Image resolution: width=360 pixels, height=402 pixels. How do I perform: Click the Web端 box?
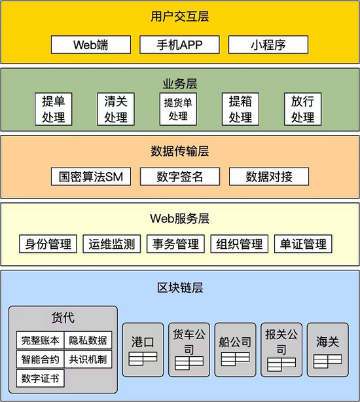pyautogui.click(x=91, y=45)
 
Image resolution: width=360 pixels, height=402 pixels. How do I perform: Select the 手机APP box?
pyautogui.click(x=179, y=45)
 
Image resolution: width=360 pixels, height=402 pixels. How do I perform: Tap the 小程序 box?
pyautogui.click(x=268, y=45)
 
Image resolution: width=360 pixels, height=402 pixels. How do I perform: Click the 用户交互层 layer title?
pyautogui.click(x=180, y=16)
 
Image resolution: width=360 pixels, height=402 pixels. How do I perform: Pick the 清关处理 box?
pyautogui.click(x=116, y=109)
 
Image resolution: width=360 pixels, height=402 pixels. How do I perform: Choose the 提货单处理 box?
pyautogui.click(x=178, y=109)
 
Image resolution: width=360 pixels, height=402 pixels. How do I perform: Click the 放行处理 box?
pyautogui.click(x=302, y=109)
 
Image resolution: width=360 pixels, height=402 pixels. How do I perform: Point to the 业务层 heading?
pyautogui.click(x=180, y=84)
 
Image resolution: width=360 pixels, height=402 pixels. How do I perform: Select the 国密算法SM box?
pyautogui.click(x=91, y=176)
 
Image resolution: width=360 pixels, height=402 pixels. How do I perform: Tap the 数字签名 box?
pyautogui.click(x=180, y=176)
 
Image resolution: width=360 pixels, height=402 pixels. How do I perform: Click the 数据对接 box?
pyautogui.click(x=269, y=176)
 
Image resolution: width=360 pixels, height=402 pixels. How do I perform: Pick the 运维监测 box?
pyautogui.click(x=112, y=244)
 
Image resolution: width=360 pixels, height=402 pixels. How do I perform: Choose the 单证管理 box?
pyautogui.click(x=303, y=244)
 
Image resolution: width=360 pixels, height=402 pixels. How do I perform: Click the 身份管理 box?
pyautogui.click(x=48, y=244)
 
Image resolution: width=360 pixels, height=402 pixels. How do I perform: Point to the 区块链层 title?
pyautogui.click(x=180, y=287)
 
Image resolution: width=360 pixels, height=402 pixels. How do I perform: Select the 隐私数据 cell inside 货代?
pyautogui.click(x=88, y=340)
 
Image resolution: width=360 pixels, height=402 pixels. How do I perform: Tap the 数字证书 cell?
pyautogui.click(x=40, y=378)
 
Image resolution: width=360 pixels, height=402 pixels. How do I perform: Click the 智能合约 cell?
pyautogui.click(x=40, y=359)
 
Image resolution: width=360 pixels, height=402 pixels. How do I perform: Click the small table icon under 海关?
pyautogui.click(x=328, y=361)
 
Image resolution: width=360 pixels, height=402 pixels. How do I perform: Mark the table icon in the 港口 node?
pyautogui.click(x=143, y=359)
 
